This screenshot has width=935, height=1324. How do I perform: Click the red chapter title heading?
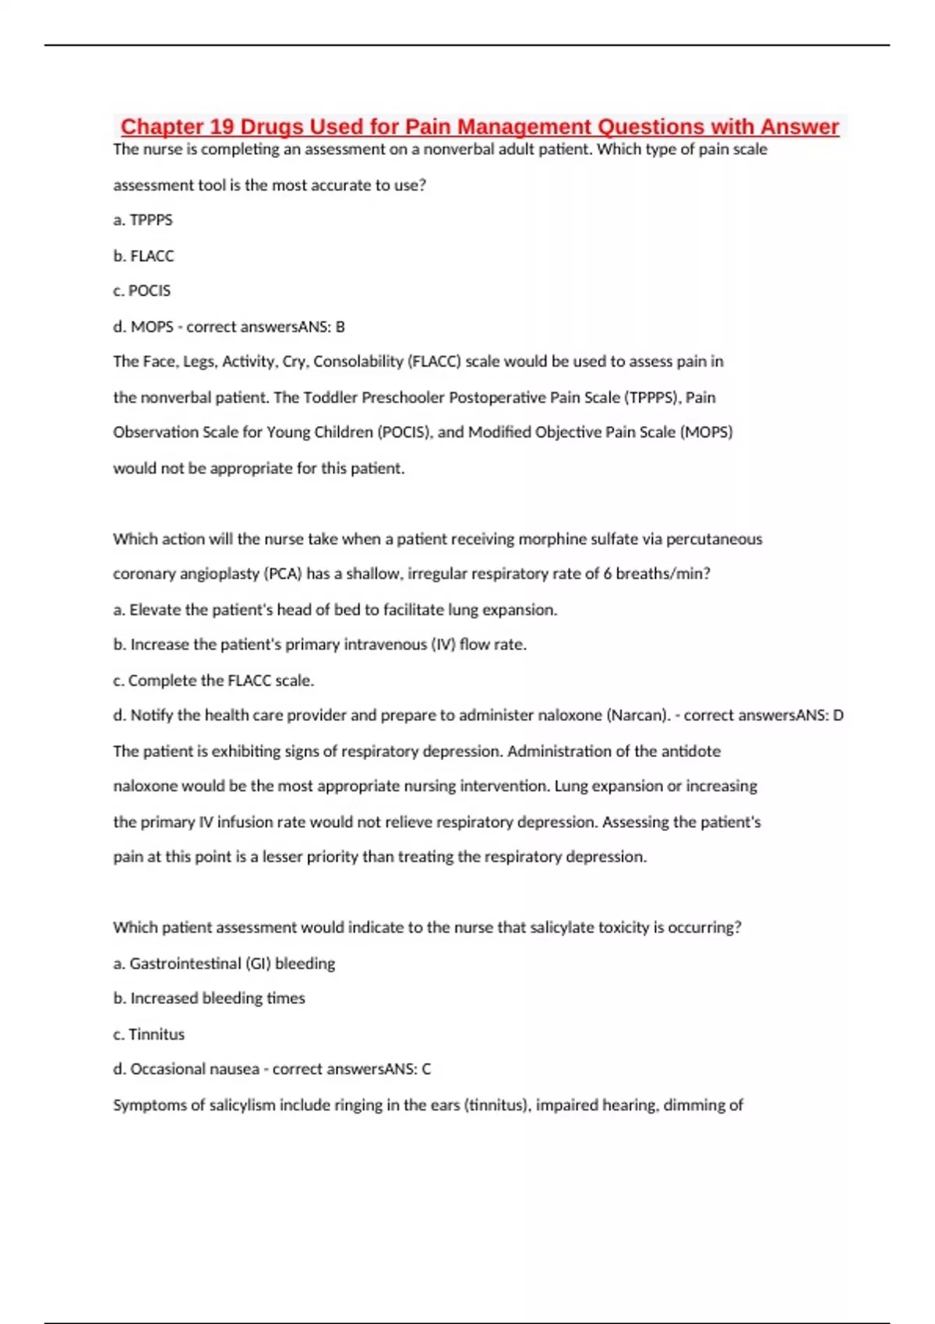click(479, 126)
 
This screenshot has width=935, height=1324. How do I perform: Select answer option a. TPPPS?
click(143, 220)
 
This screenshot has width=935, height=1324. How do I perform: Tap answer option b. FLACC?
click(143, 256)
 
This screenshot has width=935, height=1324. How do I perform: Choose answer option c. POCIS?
click(142, 291)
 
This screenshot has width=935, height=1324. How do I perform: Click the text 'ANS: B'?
click(326, 327)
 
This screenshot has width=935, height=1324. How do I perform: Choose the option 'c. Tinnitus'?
click(149, 1034)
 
